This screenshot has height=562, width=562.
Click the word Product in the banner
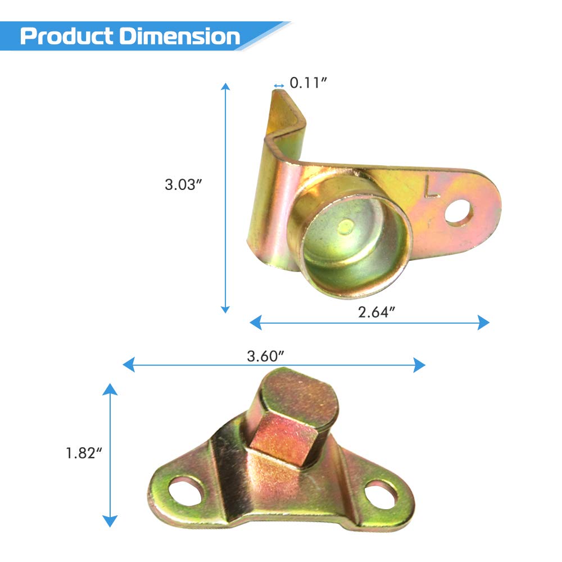(x=67, y=36)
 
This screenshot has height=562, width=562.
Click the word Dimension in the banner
(x=180, y=36)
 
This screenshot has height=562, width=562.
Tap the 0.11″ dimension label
(x=308, y=83)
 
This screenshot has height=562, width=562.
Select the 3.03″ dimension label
(x=184, y=184)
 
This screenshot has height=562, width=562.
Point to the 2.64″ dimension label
(x=377, y=312)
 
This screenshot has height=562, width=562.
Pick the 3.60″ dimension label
(x=266, y=356)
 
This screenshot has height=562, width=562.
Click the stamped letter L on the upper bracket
(x=432, y=187)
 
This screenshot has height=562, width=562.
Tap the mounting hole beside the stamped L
(x=459, y=212)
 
